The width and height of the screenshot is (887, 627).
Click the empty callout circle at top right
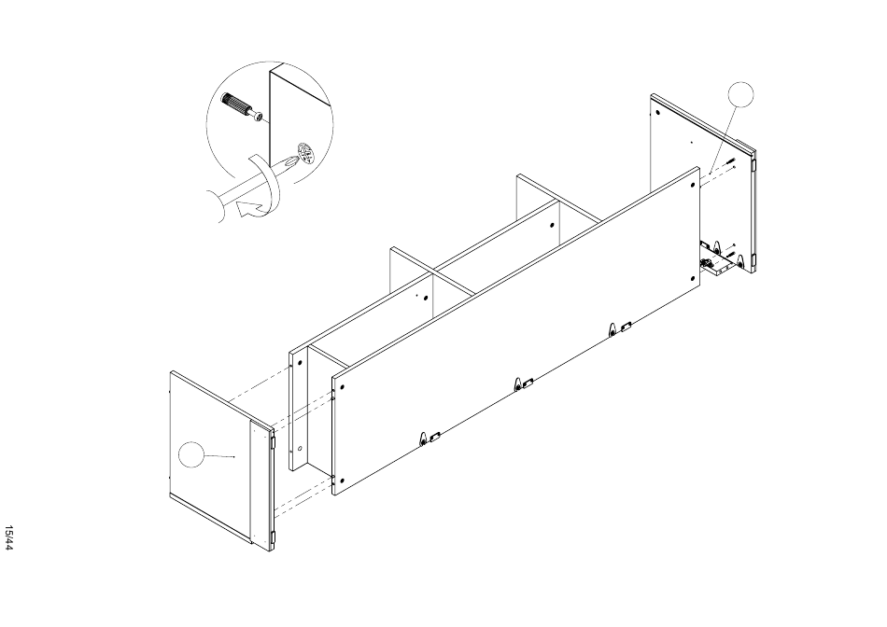coord(740,94)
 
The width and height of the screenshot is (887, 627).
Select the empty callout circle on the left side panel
coord(191,454)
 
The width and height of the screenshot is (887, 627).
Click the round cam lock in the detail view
coord(305,153)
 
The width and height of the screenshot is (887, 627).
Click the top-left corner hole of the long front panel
coord(342,387)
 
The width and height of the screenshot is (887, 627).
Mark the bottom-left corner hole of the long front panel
coord(342,481)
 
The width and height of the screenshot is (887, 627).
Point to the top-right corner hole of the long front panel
coord(693,185)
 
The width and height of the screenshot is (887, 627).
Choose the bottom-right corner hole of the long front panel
coord(693,278)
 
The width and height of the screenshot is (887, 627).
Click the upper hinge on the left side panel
coord(274,441)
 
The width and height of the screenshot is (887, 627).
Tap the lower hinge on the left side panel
coord(274,537)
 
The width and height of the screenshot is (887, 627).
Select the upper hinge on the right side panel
coord(754,164)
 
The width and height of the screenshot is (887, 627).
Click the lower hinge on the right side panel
coord(754,260)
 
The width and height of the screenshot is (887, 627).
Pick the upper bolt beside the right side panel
coord(730,160)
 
